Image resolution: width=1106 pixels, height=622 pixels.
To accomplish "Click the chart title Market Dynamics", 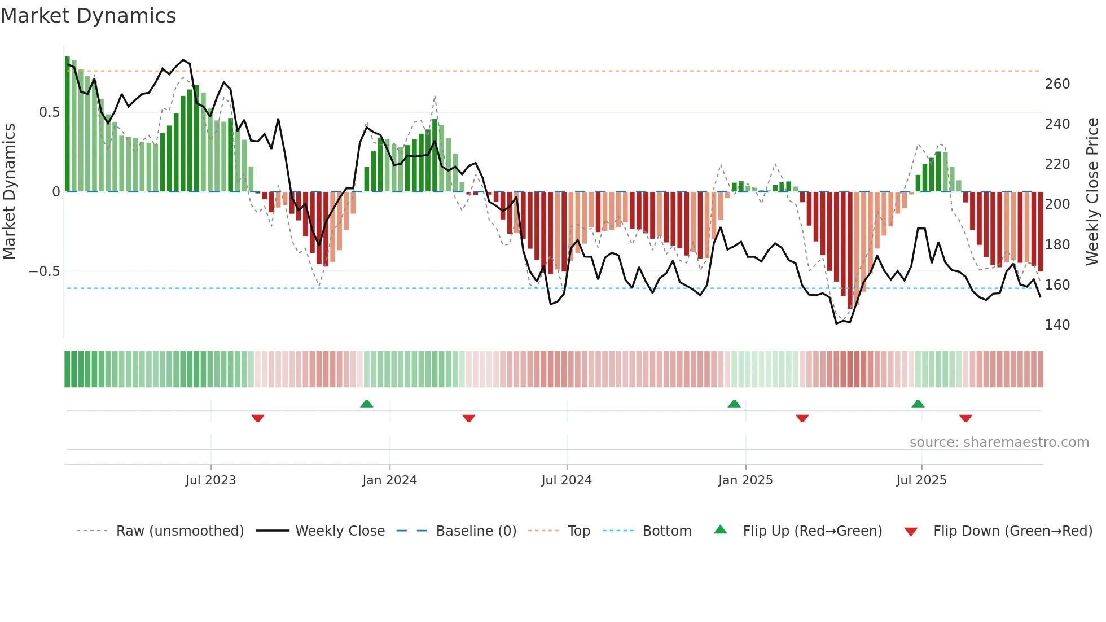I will [x=88, y=16].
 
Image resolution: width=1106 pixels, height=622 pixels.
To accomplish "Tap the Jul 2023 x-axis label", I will [x=210, y=480].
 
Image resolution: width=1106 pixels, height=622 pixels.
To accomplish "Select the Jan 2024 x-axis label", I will [x=389, y=480].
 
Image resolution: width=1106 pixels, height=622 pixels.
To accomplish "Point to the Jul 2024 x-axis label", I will [x=567, y=480].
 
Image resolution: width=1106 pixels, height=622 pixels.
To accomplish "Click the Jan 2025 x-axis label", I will [x=745, y=480].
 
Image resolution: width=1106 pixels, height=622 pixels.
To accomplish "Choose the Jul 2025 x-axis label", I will [x=921, y=480].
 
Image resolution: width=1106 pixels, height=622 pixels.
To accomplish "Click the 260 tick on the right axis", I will [x=1057, y=84].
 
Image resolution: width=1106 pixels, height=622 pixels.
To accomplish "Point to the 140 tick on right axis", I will [x=1057, y=325].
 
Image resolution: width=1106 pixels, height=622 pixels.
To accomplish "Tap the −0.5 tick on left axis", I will [x=44, y=271].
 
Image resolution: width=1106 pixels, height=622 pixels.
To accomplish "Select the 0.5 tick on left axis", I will [x=49, y=112].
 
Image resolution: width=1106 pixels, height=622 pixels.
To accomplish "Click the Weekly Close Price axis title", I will [x=1092, y=192].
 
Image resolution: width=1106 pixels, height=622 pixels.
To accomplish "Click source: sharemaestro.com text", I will [x=999, y=443].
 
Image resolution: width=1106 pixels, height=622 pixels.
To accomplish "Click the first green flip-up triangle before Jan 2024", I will [x=367, y=404].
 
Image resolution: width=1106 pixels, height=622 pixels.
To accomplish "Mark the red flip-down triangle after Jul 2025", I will [x=965, y=418].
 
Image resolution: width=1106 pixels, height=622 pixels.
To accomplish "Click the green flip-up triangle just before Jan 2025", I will [x=734, y=404].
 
